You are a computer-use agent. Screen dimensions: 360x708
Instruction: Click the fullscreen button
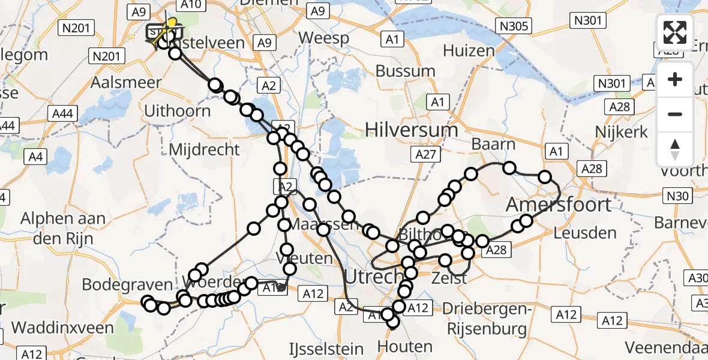click(x=675, y=32)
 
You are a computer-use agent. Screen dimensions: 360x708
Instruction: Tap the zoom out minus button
click(x=675, y=114)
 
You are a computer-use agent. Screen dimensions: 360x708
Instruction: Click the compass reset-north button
click(x=675, y=149)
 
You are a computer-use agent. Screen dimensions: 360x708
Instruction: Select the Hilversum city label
click(x=412, y=130)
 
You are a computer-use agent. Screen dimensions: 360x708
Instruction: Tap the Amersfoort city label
click(x=559, y=205)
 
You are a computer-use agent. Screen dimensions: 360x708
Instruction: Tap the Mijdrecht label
click(x=204, y=149)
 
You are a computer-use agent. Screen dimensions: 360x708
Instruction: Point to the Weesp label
click(x=324, y=38)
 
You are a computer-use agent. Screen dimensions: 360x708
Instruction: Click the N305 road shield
click(x=514, y=25)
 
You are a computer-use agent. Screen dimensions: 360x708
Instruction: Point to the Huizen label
click(x=469, y=50)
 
